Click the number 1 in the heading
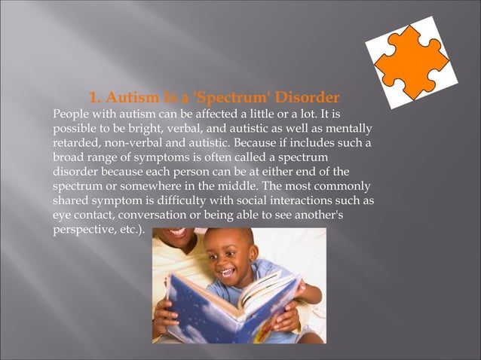tap(93, 99)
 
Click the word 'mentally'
tap(348, 129)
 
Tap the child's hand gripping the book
tap(285, 316)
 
